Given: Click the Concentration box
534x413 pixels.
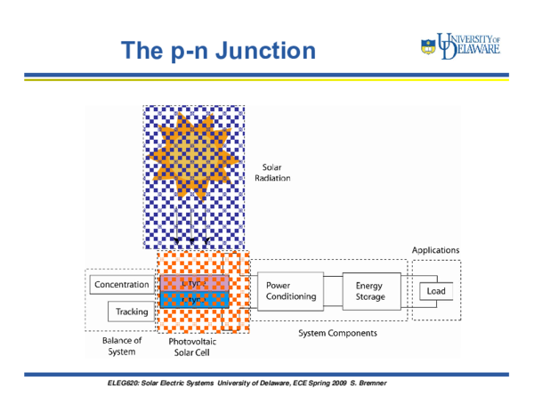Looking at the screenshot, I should (x=122, y=285).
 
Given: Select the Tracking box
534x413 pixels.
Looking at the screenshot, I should (x=132, y=312).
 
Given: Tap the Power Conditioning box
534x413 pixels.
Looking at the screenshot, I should (x=290, y=291).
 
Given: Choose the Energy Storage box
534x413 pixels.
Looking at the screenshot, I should (x=371, y=291).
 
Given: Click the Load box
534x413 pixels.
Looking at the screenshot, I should (x=436, y=291).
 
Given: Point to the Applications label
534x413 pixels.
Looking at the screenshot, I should (x=435, y=250).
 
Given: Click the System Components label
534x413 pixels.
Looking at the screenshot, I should (x=336, y=333).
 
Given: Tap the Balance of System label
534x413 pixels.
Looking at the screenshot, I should (x=122, y=345).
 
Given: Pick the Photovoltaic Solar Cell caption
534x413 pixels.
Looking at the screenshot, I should (x=193, y=347).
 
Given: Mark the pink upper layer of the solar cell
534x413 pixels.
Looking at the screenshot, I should (x=194, y=282).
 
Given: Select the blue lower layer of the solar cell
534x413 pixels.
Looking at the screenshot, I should (x=194, y=300).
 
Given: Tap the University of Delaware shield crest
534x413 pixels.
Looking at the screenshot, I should (x=428, y=46).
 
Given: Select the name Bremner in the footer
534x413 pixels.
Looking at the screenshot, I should (x=368, y=383).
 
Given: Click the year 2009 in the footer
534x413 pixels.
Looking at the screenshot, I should (x=329, y=383).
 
